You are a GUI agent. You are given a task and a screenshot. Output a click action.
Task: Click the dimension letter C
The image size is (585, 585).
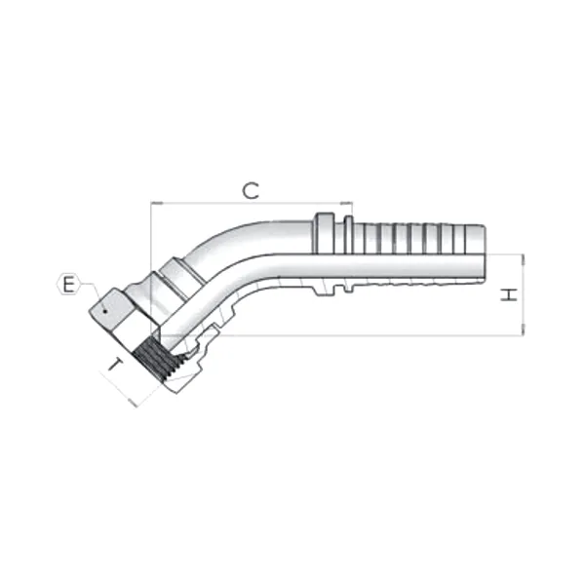point(252,190)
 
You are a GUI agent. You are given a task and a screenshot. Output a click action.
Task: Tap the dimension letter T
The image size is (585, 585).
point(114,368)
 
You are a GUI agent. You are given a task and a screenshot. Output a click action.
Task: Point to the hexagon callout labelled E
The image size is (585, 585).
point(67,285)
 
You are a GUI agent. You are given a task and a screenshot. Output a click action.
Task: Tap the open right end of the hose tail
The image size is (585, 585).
point(483,254)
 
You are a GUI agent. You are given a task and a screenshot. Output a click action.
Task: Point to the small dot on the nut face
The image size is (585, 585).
point(104,310)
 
